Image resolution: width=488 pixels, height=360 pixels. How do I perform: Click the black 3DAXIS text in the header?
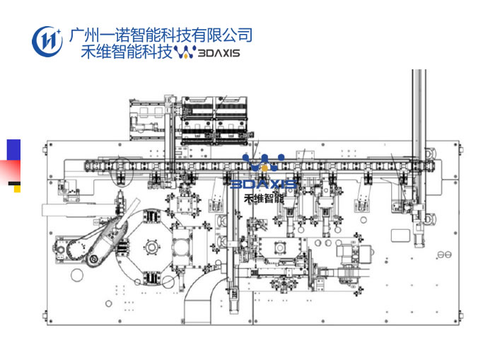pyautogui.click(x=219, y=52)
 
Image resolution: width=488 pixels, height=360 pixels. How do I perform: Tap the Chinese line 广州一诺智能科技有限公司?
pyautogui.click(x=161, y=35)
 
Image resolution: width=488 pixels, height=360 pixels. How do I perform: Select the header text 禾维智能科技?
pyautogui.click(x=127, y=52)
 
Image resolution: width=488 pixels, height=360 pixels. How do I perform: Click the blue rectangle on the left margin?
pyautogui.click(x=13, y=150)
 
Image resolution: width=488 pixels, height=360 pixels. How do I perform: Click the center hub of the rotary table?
pyautogui.click(x=150, y=248)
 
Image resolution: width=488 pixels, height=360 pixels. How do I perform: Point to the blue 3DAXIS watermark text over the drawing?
pyautogui.click(x=264, y=185)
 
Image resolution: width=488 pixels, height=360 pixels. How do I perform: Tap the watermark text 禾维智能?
pyautogui.click(x=263, y=199)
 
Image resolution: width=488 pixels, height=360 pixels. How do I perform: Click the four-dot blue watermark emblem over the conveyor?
pyautogui.click(x=263, y=163)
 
